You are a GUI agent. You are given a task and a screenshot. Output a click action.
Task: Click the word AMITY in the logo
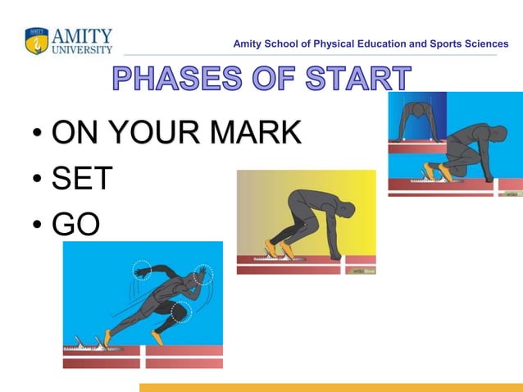click(x=82, y=34)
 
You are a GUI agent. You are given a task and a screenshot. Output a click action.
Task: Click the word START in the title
click(x=357, y=80)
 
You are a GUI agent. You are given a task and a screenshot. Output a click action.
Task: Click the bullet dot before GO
click(x=37, y=226)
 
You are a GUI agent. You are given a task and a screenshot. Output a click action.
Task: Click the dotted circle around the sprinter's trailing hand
click(x=142, y=270)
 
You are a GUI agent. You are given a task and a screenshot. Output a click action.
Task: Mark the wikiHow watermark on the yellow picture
click(x=361, y=268)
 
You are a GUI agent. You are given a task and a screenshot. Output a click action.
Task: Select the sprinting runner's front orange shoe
click(x=157, y=337)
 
